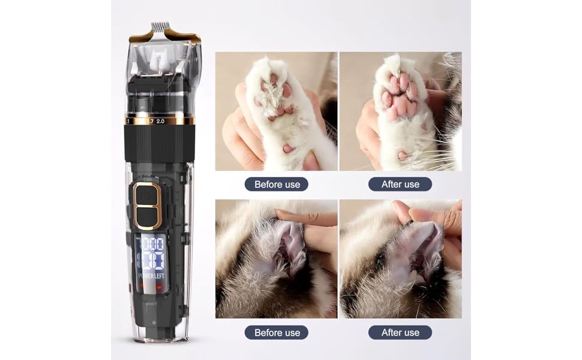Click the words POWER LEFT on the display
coord(151,276)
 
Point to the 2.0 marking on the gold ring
coord(160,121)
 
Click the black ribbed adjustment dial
coord(159,143)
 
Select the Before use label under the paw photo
coord(277,184)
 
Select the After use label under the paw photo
coord(400,184)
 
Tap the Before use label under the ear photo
coord(277,332)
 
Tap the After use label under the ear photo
coord(400,332)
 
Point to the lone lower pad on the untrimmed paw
coord(287,148)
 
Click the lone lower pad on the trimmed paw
coord(403,155)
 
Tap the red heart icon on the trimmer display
coord(159,286)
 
